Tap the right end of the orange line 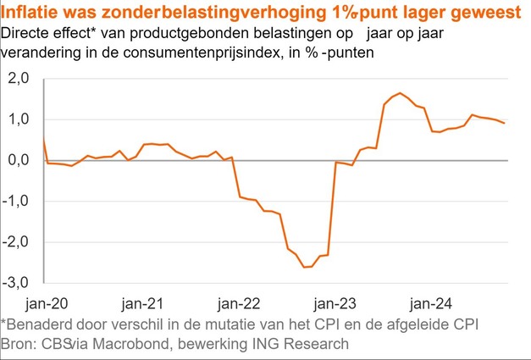(506, 124)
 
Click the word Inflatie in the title (32, 13)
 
